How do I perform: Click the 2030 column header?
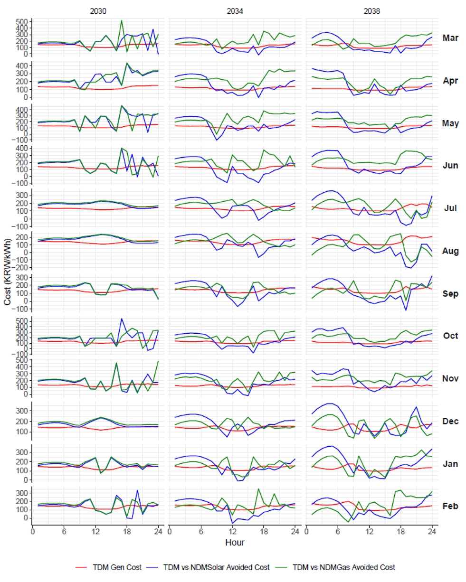coord(98,11)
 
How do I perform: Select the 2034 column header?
coord(235,11)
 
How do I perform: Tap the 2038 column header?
coord(372,11)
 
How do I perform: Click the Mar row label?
coord(450,38)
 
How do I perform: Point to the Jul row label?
coord(450,208)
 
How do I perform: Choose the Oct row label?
coord(450,336)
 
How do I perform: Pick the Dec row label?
coord(450,421)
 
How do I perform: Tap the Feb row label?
coord(450,506)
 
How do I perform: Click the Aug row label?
coord(450,251)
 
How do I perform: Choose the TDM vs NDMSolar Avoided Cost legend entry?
coord(216,567)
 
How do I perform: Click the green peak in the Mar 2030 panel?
coord(122,20)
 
